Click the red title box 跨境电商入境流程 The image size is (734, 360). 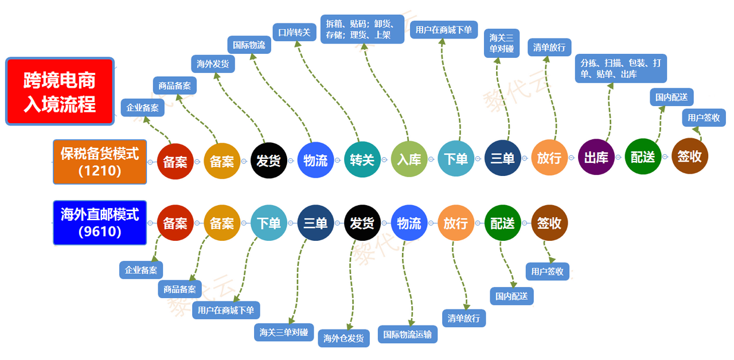60,91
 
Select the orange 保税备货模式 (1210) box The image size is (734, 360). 100,162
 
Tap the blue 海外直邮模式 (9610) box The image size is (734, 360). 100,223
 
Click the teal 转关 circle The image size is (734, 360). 362,159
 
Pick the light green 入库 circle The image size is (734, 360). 409,159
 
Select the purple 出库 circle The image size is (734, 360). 596,157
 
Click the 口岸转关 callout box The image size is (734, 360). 294,32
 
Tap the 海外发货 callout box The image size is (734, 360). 213,64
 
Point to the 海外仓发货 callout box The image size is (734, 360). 343,338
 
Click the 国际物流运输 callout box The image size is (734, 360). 407,334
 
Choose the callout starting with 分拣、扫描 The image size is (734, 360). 621,69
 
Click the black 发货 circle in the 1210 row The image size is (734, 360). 268,160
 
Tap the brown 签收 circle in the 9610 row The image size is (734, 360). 549,222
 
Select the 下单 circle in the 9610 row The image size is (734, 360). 268,223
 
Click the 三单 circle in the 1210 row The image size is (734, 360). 502,158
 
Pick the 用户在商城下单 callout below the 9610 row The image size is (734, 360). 226,310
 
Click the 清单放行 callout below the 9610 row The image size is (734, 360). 464,318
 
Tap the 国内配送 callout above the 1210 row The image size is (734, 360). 671,97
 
